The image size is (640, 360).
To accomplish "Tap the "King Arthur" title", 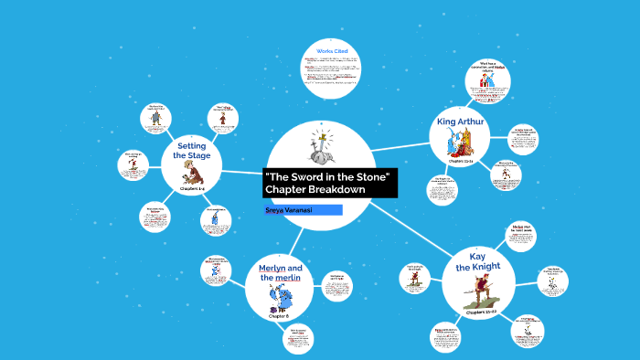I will coord(463,121).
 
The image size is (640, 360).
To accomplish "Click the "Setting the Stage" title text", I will coord(192,151).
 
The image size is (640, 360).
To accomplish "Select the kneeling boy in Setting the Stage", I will coord(192,175).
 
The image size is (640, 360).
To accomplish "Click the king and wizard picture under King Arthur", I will coord(462,143).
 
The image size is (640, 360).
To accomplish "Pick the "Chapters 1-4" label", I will coord(192,188).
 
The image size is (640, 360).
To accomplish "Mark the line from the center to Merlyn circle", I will coord(295,239).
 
